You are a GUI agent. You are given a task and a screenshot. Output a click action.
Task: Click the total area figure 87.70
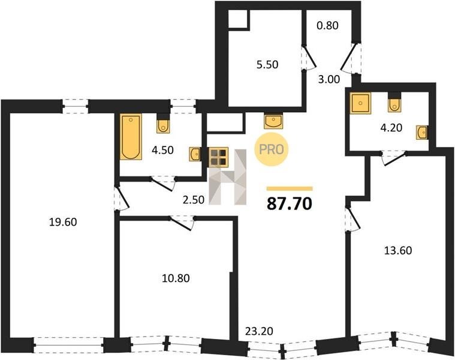pyautogui.click(x=290, y=203)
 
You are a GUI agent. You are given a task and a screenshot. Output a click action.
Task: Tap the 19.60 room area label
pyautogui.click(x=63, y=222)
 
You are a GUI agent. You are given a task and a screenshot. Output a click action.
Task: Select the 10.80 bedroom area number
pyautogui.click(x=176, y=278)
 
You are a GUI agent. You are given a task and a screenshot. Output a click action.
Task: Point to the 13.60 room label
pyautogui.click(x=398, y=250)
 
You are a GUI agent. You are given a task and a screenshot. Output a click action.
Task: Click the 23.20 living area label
pyautogui.click(x=260, y=331)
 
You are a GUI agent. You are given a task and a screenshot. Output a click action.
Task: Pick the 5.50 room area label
pyautogui.click(x=267, y=64)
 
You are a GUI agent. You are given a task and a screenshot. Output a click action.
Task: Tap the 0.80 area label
pyautogui.click(x=327, y=26)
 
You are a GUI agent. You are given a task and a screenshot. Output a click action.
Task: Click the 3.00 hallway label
pyautogui.click(x=329, y=79)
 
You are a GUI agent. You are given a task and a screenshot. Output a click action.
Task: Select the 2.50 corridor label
pyautogui.click(x=194, y=200)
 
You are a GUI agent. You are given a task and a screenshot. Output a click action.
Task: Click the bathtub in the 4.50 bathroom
pyautogui.click(x=131, y=137)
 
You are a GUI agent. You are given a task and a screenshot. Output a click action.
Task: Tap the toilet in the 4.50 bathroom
pyautogui.click(x=163, y=124)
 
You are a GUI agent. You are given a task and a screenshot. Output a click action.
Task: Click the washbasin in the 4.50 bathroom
pyautogui.click(x=195, y=154)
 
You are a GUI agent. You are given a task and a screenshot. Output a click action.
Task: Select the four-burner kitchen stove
pyautogui.click(x=218, y=157)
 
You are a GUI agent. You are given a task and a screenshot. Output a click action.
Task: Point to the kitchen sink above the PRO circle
pyautogui.click(x=273, y=120)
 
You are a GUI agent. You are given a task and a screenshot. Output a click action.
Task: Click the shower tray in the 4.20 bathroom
pyautogui.click(x=360, y=103)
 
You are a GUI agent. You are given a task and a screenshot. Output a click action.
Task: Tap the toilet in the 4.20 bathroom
pyautogui.click(x=394, y=103)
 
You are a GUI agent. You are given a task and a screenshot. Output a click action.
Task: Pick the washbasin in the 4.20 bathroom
pyautogui.click(x=422, y=133)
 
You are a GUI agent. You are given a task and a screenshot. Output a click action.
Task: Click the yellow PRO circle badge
pyautogui.click(x=272, y=149)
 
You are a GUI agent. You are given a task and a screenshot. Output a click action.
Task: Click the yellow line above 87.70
pyautogui.click(x=290, y=189)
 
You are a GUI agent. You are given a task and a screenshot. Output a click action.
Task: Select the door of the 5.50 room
pyautogui.click(x=309, y=58)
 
